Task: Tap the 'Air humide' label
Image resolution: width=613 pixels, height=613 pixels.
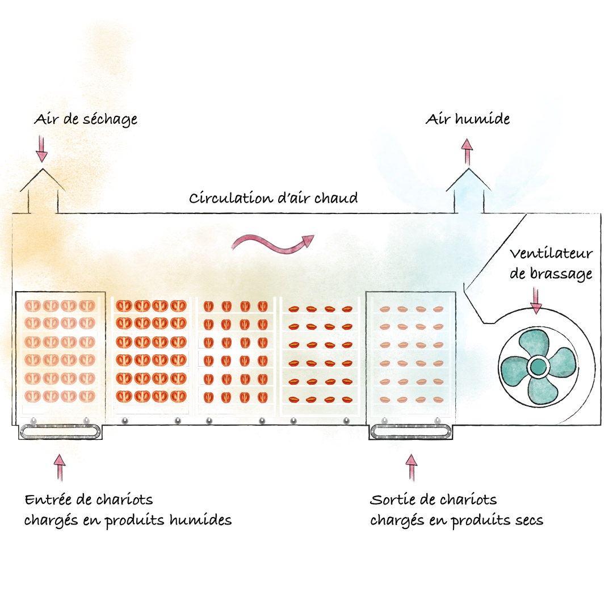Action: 468,119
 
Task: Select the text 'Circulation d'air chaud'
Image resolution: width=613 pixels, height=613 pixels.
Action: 273,198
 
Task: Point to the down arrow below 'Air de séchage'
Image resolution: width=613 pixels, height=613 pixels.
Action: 41,149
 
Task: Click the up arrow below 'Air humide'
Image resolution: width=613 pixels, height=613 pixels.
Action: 467,152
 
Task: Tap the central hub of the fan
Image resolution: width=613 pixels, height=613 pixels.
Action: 538,367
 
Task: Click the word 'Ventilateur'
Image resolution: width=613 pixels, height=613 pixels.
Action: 551,253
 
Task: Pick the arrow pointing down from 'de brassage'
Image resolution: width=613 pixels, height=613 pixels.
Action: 536,301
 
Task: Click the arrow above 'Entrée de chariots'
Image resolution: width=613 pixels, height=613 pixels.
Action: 60,467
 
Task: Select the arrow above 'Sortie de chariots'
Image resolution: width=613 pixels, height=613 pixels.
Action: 412,467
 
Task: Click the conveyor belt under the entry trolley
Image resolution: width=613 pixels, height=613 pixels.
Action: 60,432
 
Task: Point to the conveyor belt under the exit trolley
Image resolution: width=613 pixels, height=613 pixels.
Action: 410,432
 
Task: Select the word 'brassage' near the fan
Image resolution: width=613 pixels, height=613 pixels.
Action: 561,274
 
